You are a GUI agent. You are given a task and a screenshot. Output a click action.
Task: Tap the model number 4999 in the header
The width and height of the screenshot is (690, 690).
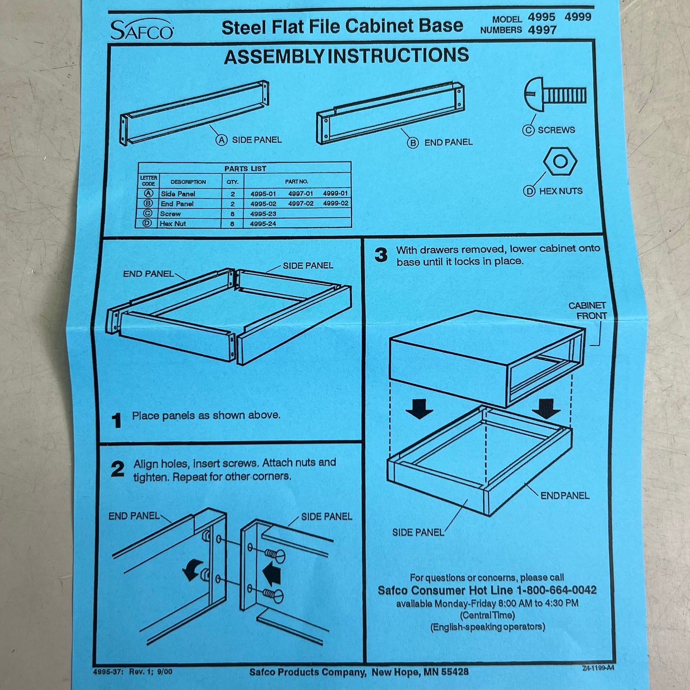tap(578, 17)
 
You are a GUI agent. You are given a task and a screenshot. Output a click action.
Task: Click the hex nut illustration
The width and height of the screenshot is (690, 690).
tap(560, 161)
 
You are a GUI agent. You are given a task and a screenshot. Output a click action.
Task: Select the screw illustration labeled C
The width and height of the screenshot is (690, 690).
tap(555, 95)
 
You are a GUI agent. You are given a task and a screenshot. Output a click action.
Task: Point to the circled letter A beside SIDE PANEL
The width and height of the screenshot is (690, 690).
tap(222, 140)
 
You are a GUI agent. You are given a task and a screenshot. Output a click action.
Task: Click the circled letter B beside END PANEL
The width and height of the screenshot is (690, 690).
tap(413, 143)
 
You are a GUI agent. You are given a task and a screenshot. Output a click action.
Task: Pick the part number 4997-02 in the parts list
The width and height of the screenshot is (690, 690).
tap(301, 203)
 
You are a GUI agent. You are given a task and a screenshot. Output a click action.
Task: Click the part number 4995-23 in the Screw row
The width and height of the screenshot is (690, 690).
tap(263, 214)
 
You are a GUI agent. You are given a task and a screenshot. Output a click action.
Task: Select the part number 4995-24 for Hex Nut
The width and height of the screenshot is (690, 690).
tap(263, 224)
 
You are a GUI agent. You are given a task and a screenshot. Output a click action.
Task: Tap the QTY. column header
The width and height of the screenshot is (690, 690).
tap(233, 182)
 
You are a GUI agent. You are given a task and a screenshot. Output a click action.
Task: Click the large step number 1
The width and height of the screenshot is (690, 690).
tap(117, 420)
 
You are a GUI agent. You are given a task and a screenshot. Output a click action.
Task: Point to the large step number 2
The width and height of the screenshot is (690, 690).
tap(118, 469)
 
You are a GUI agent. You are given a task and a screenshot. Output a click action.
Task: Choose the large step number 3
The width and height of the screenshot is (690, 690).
tap(381, 255)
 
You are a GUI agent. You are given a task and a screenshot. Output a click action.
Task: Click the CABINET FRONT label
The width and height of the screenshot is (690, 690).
tap(588, 310)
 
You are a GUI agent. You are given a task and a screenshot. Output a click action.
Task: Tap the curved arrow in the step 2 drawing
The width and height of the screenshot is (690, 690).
tap(192, 570)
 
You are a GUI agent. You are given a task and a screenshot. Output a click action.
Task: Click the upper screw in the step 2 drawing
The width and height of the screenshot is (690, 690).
tap(275, 555)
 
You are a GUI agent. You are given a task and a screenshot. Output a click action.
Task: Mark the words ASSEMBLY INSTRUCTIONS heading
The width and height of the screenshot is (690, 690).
tap(346, 56)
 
